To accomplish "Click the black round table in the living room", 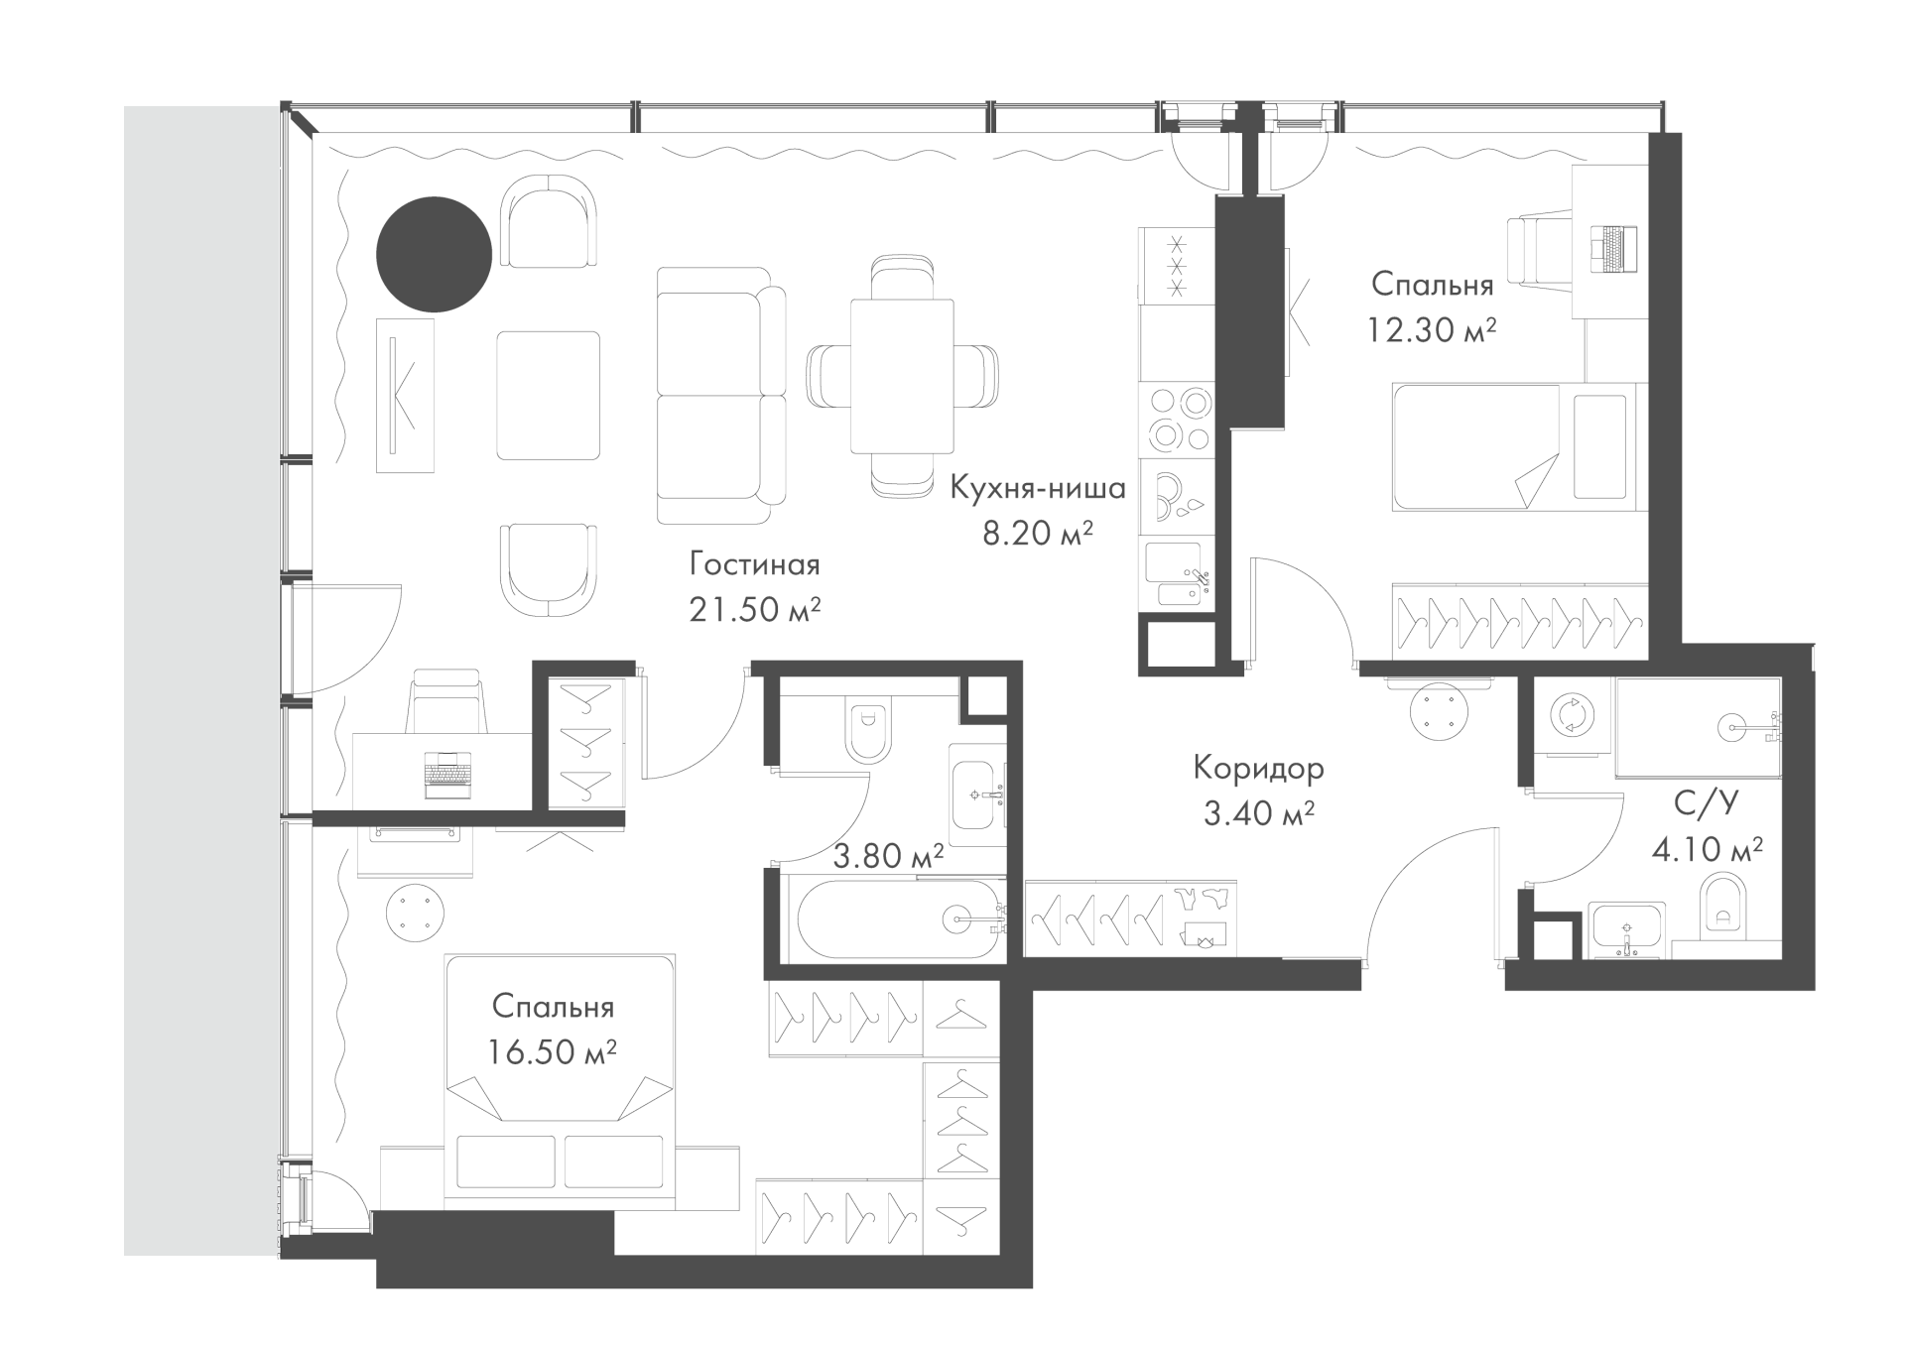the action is pyautogui.click(x=434, y=254).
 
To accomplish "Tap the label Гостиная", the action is pyautogui.click(x=755, y=565).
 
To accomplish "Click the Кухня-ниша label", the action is pyautogui.click(x=1038, y=488).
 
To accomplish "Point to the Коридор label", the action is pyautogui.click(x=1258, y=769).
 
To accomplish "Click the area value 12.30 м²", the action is pyautogui.click(x=1432, y=329).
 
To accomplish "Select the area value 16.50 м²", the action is pyautogui.click(x=553, y=1051).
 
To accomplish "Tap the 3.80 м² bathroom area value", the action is pyautogui.click(x=887, y=856).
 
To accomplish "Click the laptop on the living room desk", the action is pyautogui.click(x=447, y=775).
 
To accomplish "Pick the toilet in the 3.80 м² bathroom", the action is pyautogui.click(x=867, y=730).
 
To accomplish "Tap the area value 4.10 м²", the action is pyautogui.click(x=1707, y=849).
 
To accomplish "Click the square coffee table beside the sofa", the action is pyautogui.click(x=548, y=395).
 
